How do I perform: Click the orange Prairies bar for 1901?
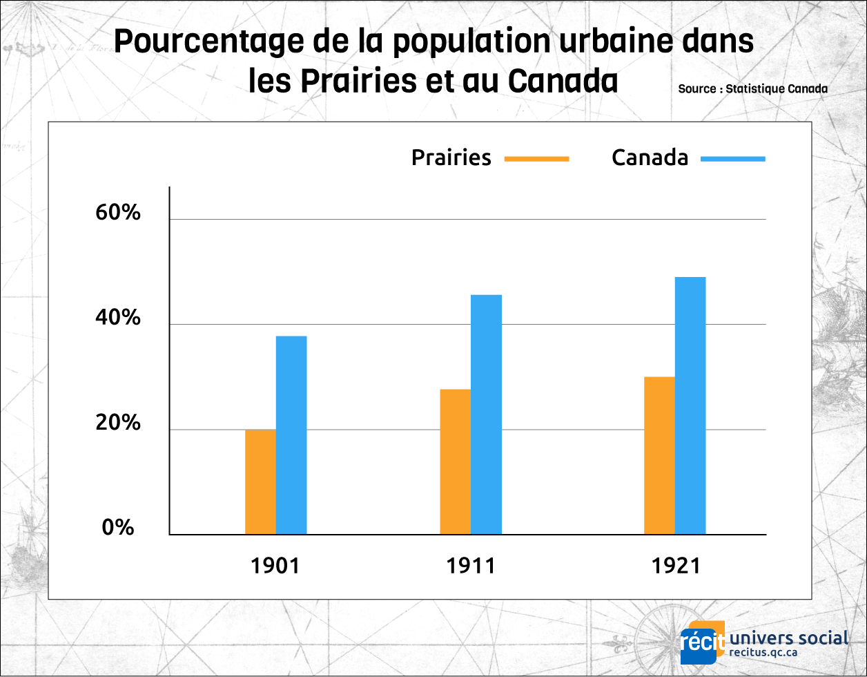pos(260,482)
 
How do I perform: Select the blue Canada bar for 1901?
pos(291,435)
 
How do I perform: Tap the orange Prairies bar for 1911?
pos(455,461)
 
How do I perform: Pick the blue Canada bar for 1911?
pos(486,414)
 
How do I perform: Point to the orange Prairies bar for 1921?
pos(659,455)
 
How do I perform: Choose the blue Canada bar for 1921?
pos(690,406)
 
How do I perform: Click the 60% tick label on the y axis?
pos(118,213)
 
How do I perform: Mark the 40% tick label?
pos(118,318)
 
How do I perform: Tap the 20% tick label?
pos(118,423)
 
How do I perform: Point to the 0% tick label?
pos(118,528)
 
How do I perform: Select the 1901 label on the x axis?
pos(275,566)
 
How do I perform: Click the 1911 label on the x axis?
pos(471,566)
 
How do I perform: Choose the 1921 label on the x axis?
pos(676,566)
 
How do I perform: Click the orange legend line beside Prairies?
pos(536,159)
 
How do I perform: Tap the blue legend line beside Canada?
pos(733,159)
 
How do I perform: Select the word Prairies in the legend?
pos(451,158)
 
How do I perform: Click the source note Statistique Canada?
pos(752,89)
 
